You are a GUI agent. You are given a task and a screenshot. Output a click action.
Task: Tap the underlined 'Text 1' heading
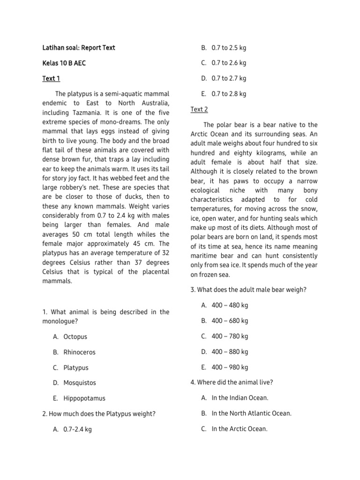tap(51, 79)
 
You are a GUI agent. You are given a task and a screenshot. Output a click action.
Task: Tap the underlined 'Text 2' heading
tap(199, 110)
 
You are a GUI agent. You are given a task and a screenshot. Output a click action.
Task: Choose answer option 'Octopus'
tap(75, 337)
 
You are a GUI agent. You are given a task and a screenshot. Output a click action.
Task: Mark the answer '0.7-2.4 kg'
tap(77, 429)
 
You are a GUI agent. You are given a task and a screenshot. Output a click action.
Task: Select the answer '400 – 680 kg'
tap(230, 321)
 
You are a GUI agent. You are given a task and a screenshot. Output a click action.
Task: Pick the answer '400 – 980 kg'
tap(230, 367)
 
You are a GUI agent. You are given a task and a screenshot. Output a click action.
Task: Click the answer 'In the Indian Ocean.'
tap(240, 398)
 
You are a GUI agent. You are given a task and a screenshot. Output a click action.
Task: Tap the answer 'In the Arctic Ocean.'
tap(240, 428)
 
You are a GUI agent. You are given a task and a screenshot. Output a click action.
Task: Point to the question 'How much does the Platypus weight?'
tap(98, 413)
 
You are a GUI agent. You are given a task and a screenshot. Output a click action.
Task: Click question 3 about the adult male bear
tap(248, 290)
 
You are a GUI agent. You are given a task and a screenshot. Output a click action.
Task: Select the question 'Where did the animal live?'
tap(232, 382)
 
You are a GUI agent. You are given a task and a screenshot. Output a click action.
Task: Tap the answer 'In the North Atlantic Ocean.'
tap(251, 413)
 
